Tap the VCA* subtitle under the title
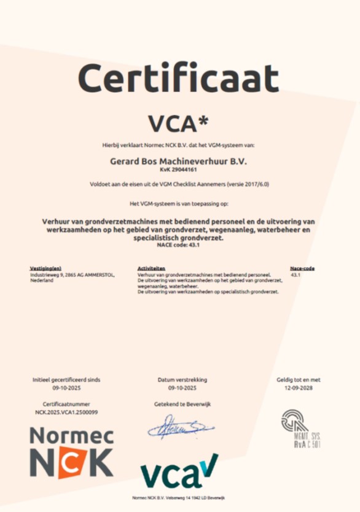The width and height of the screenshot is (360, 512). (x=179, y=122)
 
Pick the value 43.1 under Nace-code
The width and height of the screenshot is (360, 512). (x=295, y=275)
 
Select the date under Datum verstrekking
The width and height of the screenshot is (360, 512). (x=182, y=389)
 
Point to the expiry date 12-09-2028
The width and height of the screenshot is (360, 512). (x=298, y=389)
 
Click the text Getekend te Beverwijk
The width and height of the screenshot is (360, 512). (x=182, y=405)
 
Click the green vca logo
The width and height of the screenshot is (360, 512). (x=179, y=473)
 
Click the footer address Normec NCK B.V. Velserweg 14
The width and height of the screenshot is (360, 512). (x=179, y=497)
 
